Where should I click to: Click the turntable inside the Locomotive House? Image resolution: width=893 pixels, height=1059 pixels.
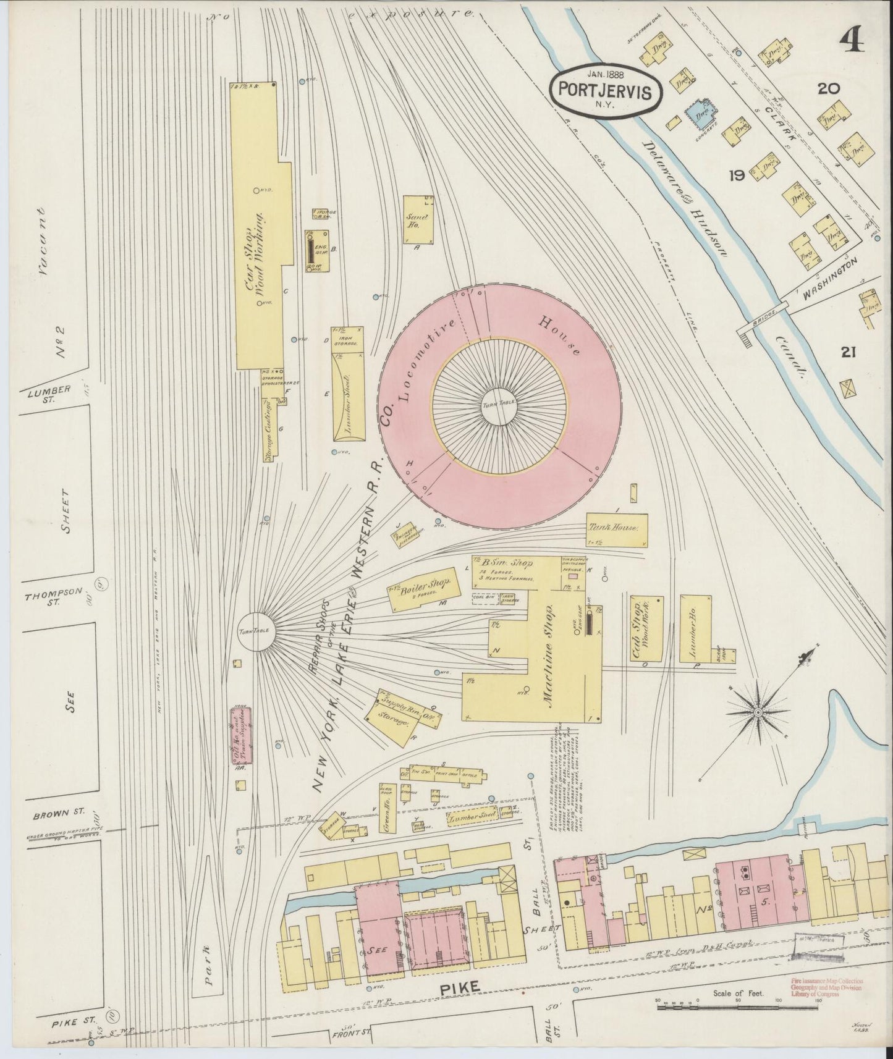[497, 402]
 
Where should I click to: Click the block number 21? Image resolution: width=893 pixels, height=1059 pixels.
[848, 353]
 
